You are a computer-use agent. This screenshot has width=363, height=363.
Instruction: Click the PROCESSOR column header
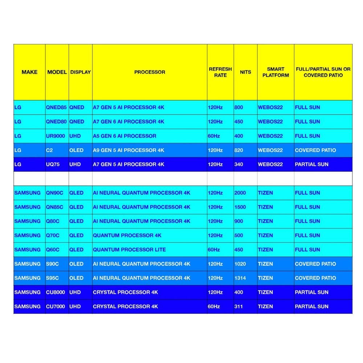click(x=150, y=72)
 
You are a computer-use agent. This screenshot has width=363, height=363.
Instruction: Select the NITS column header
click(x=245, y=72)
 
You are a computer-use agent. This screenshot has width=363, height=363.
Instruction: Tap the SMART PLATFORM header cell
click(x=276, y=72)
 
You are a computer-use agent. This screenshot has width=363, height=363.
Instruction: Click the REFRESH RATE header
click(x=220, y=72)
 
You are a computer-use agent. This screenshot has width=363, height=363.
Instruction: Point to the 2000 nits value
click(x=240, y=193)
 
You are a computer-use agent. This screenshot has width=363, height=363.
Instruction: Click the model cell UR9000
click(x=56, y=136)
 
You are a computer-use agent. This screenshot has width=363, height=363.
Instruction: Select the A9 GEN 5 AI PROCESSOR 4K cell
click(x=129, y=150)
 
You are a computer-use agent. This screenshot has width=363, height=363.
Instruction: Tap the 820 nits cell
click(x=239, y=150)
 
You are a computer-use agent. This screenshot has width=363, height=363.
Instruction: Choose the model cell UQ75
click(x=53, y=164)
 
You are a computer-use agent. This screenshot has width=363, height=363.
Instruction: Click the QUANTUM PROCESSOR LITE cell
click(x=129, y=250)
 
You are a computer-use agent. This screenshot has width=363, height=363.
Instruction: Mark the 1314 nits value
click(x=240, y=278)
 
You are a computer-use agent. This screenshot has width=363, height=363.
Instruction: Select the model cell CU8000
click(x=56, y=292)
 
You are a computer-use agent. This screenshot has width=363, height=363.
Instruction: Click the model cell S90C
click(x=53, y=264)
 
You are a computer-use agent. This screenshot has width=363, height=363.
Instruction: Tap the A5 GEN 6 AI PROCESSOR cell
click(x=125, y=136)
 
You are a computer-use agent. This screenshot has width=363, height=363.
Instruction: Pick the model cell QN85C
click(x=54, y=207)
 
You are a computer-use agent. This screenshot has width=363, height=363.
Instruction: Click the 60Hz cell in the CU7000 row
click(x=214, y=306)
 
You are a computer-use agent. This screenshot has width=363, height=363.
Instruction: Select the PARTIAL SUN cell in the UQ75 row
click(x=311, y=164)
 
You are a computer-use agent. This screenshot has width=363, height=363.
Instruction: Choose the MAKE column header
click(x=29, y=72)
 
